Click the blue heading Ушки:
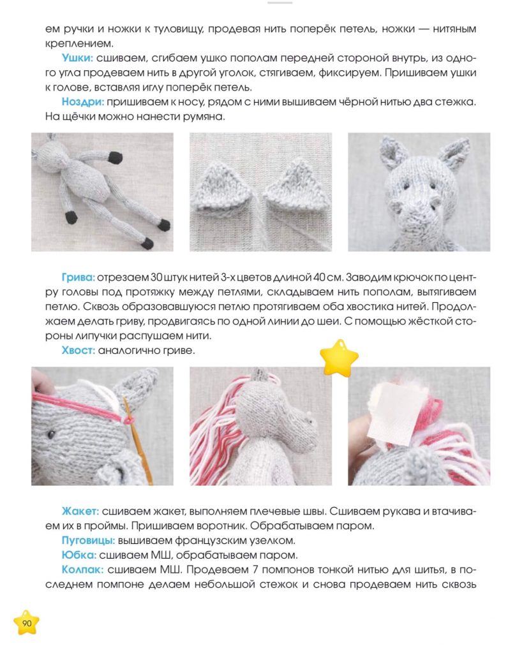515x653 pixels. tap(77, 58)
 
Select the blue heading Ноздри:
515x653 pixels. tap(82, 101)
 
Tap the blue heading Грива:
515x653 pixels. tap(78, 277)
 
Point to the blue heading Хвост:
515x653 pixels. tap(78, 350)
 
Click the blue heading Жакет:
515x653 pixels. tap(80, 511)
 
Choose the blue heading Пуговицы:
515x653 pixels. tap(88, 541)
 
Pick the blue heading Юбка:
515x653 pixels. tap(79, 555)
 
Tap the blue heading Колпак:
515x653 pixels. tap(82, 569)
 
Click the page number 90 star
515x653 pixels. tap(26, 623)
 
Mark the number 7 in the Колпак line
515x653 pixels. tap(255, 569)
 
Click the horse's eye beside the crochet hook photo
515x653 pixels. tap(51, 434)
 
